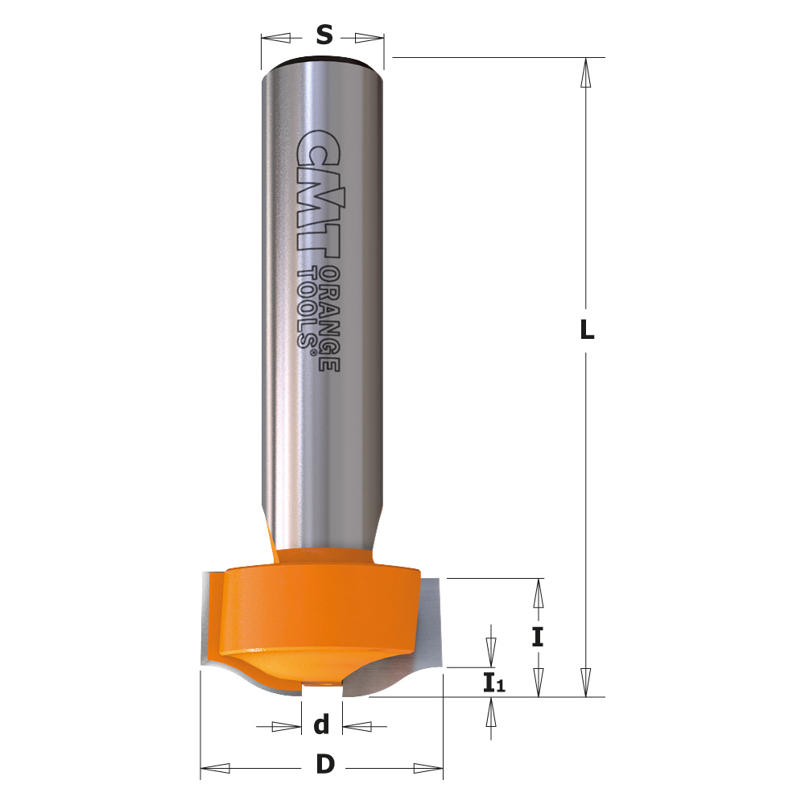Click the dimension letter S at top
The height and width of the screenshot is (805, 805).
pos(324,35)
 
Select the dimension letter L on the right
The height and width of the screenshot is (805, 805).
pos(587,330)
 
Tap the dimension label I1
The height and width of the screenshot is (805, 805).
pos(493,684)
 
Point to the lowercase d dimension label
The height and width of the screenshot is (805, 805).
pos(322,726)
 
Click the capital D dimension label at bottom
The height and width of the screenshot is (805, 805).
pos(324,766)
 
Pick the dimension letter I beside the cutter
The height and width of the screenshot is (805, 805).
pos(538,638)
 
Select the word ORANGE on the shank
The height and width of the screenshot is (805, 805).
pos(328,318)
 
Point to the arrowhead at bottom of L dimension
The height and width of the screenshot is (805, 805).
pos(587,680)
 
